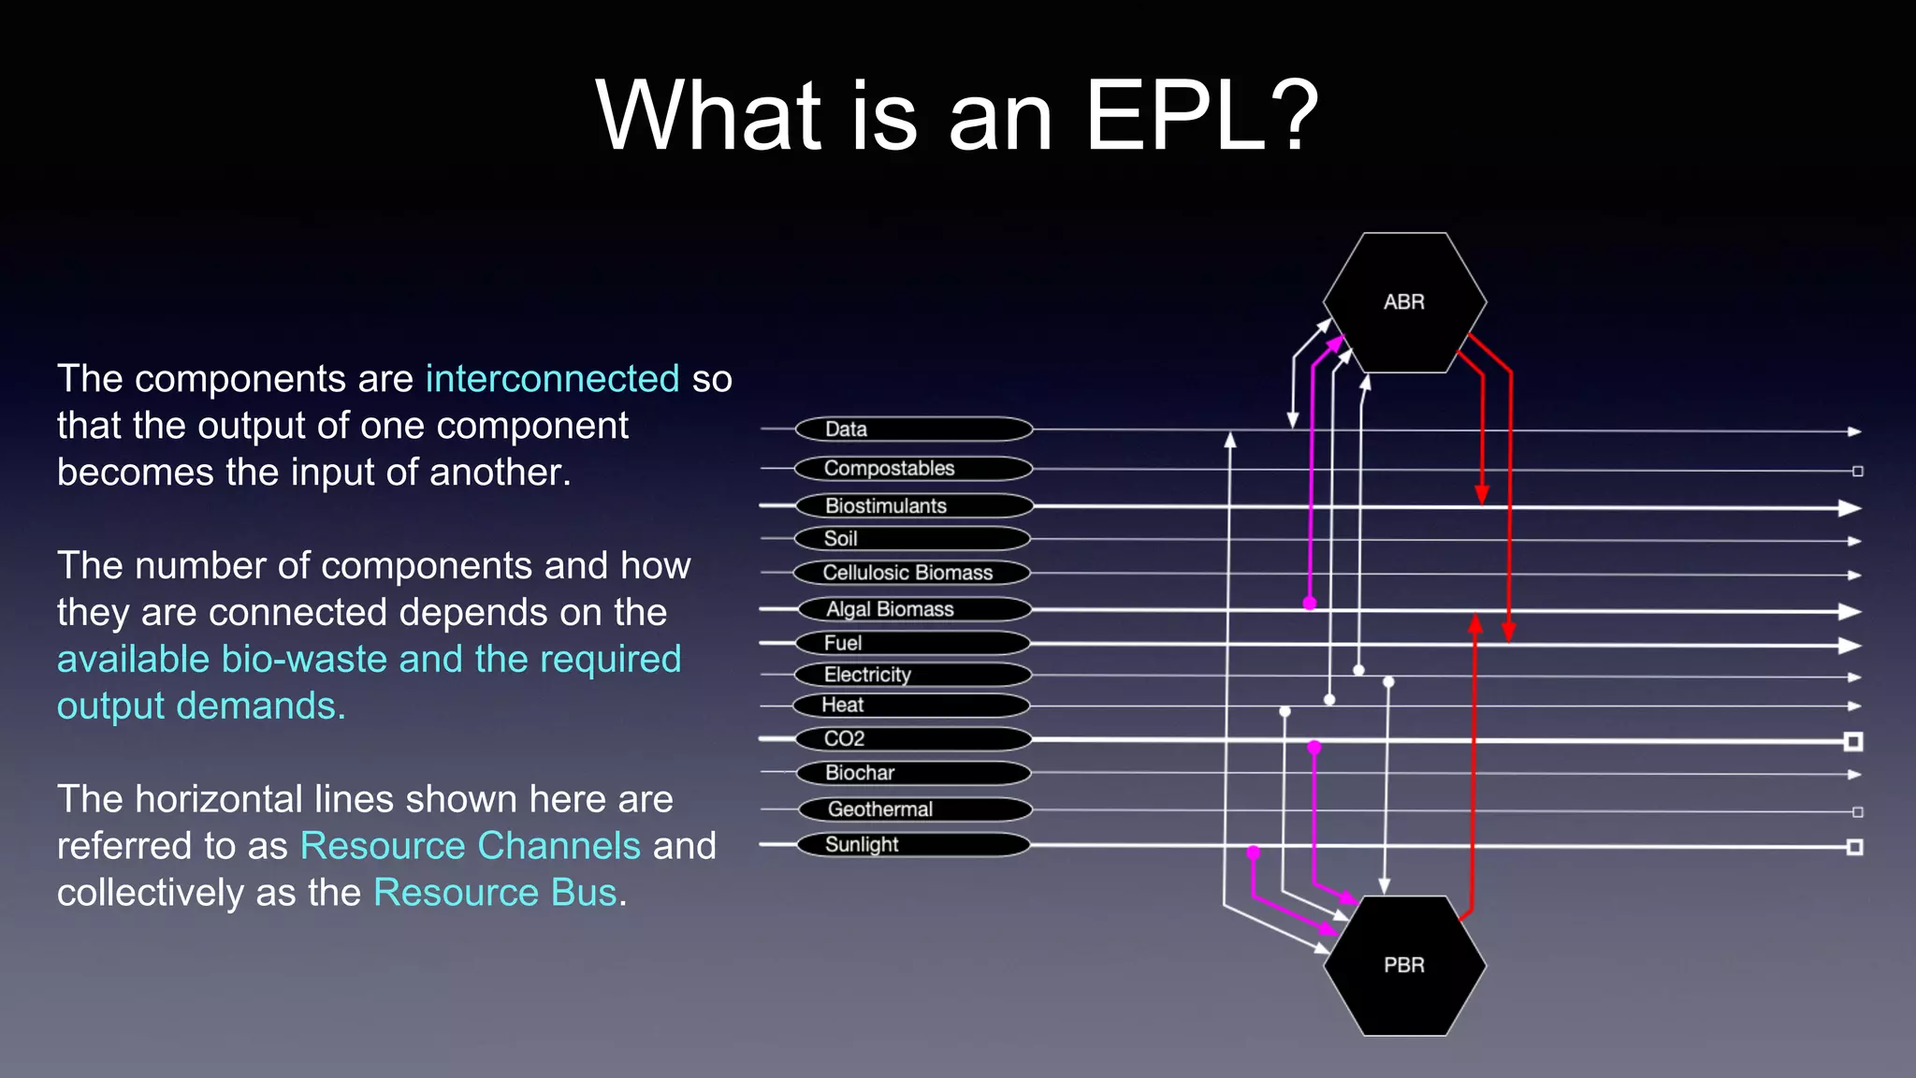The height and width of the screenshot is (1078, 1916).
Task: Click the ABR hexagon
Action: tap(1404, 302)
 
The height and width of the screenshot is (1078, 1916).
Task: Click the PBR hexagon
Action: tap(1404, 965)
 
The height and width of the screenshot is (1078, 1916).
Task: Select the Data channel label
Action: tap(913, 430)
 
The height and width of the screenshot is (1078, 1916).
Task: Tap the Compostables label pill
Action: tap(913, 468)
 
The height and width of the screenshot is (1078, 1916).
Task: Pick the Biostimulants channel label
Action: tap(913, 506)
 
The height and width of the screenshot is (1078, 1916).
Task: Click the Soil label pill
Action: tap(913, 539)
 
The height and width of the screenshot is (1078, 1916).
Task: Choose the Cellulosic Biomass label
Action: tap(913, 573)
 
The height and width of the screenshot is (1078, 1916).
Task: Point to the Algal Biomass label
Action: tap(913, 609)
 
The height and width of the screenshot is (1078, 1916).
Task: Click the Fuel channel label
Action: tap(913, 643)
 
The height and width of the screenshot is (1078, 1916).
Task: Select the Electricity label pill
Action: tap(913, 675)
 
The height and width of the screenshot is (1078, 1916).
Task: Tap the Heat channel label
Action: tap(913, 706)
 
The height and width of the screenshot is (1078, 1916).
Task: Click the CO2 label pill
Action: tap(913, 739)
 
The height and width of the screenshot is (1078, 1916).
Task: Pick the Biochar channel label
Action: tap(913, 773)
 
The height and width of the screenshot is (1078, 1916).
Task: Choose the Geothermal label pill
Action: tap(913, 809)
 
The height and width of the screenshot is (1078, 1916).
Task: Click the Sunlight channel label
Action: tap(913, 845)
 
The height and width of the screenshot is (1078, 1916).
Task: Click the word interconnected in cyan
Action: tap(552, 379)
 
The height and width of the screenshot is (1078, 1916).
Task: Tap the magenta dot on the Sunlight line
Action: tap(1254, 852)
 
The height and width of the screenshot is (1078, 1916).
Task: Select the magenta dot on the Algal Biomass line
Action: tap(1310, 604)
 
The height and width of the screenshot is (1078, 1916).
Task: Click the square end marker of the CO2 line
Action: tap(1852, 742)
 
